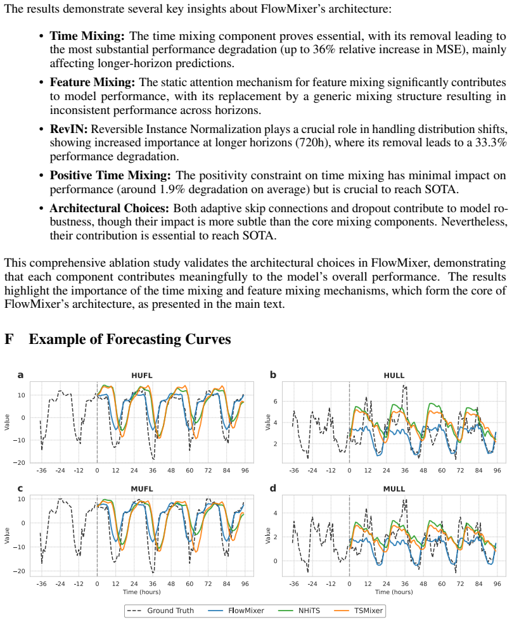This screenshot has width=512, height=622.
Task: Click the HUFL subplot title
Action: [x=142, y=375]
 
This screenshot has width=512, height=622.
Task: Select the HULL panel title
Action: [x=394, y=375]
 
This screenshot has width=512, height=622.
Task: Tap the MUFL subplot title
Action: [x=142, y=489]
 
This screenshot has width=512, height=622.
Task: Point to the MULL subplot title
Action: [x=394, y=489]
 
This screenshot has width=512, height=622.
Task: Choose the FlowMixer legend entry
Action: [x=236, y=611]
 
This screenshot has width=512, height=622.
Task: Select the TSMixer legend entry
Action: [x=359, y=611]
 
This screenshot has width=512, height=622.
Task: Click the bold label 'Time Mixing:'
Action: [x=87, y=36]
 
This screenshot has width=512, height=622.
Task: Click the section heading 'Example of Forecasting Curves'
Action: [x=130, y=339]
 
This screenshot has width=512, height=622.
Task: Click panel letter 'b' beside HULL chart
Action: [x=272, y=375]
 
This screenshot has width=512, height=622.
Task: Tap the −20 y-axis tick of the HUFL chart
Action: [x=18, y=463]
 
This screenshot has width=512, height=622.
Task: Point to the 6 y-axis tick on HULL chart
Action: [x=275, y=402]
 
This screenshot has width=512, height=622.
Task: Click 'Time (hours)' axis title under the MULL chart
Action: [x=394, y=592]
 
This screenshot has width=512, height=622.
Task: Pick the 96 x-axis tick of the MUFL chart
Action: [x=245, y=584]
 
